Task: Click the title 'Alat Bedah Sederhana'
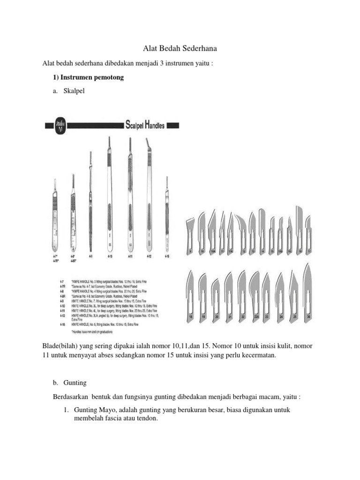tap(180, 48)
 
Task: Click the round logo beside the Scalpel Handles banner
tap(60, 125)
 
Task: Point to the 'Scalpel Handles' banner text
tap(145, 125)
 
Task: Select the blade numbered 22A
tap(255, 293)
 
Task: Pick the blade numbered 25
tap(294, 293)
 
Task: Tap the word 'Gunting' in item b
tap(76, 382)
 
